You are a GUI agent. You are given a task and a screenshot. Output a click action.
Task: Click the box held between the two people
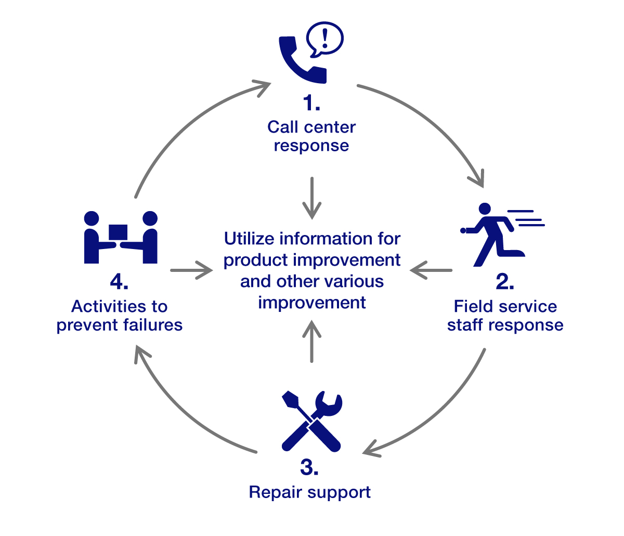click(119, 232)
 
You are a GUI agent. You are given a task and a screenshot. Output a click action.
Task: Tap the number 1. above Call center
click(311, 103)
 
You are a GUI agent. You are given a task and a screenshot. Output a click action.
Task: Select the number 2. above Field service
click(505, 281)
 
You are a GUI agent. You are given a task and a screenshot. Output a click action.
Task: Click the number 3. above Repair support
click(309, 467)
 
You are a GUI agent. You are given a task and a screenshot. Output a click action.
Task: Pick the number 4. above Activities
click(119, 282)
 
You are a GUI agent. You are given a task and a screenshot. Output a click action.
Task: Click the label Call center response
click(311, 136)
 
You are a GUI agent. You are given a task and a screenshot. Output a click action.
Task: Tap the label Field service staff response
click(505, 316)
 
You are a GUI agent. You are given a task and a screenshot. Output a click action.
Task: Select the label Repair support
click(310, 492)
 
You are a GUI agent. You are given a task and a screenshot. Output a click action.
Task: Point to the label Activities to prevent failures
click(120, 316)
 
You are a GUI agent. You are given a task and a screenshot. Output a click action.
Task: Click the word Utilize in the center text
click(250, 239)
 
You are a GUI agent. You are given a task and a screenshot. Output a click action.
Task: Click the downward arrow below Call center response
click(311, 198)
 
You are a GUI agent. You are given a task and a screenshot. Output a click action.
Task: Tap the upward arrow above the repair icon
click(311, 341)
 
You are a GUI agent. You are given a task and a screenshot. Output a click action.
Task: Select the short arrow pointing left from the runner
click(431, 270)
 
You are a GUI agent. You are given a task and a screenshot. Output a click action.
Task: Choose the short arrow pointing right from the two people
click(191, 270)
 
